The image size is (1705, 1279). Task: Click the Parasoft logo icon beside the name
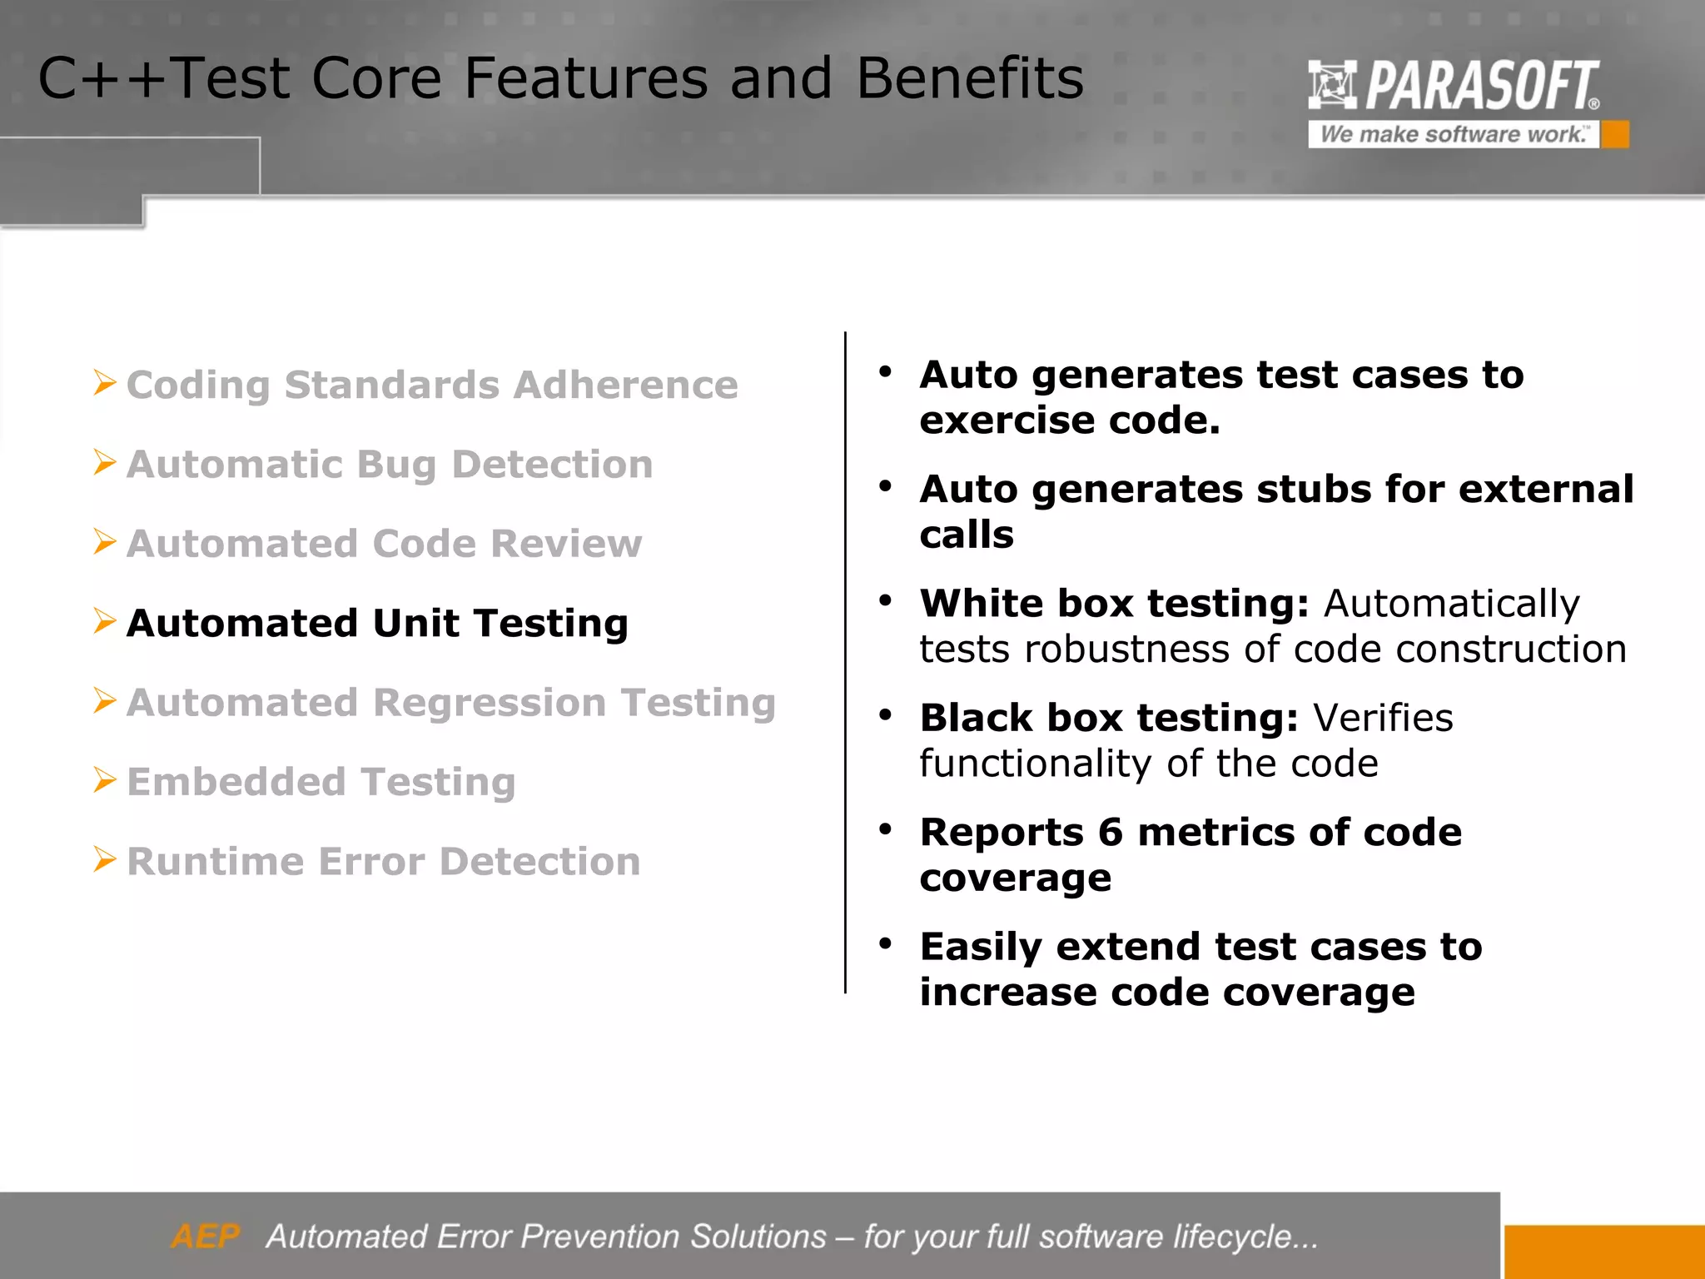click(x=1332, y=84)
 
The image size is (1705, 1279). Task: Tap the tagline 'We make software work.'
click(x=1453, y=134)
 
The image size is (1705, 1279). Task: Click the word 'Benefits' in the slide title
click(x=970, y=78)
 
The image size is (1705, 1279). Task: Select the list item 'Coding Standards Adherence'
click(x=432, y=385)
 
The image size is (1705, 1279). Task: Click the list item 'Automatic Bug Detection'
click(x=390, y=464)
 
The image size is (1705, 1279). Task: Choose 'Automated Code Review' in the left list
click(x=384, y=543)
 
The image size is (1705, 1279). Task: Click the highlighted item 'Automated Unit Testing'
click(x=377, y=623)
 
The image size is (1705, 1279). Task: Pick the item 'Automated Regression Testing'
click(x=451, y=702)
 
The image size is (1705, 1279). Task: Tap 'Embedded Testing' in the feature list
click(x=321, y=781)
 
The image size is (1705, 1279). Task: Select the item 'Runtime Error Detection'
click(x=384, y=861)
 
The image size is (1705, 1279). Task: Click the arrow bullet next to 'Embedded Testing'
click(x=105, y=780)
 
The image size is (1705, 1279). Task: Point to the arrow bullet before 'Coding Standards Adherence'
click(x=105, y=383)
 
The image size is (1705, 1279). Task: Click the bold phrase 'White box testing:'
click(x=1115, y=603)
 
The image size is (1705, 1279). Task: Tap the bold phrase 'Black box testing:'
click(x=1109, y=718)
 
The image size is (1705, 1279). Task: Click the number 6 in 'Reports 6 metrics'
click(x=1111, y=832)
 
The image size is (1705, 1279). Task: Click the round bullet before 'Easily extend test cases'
click(x=885, y=943)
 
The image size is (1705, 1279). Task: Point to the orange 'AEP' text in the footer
click(x=206, y=1237)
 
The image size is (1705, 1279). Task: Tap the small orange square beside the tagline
click(x=1615, y=134)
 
